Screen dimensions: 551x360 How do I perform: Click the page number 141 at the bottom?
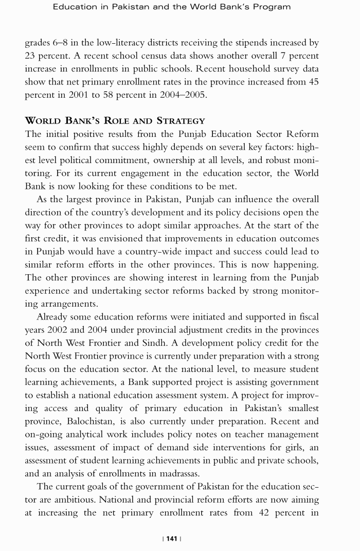[x=172, y=538]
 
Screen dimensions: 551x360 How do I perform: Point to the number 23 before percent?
[x=31, y=56]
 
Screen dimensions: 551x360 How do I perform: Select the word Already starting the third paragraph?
[x=53, y=317]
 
